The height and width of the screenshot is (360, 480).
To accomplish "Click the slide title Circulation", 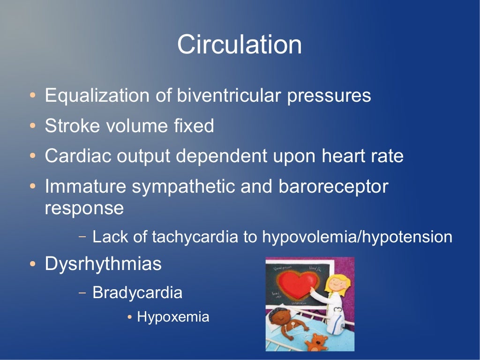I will tap(239, 45).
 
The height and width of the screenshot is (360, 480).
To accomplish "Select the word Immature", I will tap(85, 187).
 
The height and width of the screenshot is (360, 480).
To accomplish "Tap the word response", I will tap(84, 208).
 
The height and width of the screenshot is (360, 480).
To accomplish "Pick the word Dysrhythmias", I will tap(103, 264).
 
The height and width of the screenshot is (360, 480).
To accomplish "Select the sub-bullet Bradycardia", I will tap(137, 293).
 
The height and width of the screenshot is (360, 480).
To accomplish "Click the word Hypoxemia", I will tap(173, 317).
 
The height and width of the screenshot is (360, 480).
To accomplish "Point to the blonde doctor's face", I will tap(336, 283).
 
